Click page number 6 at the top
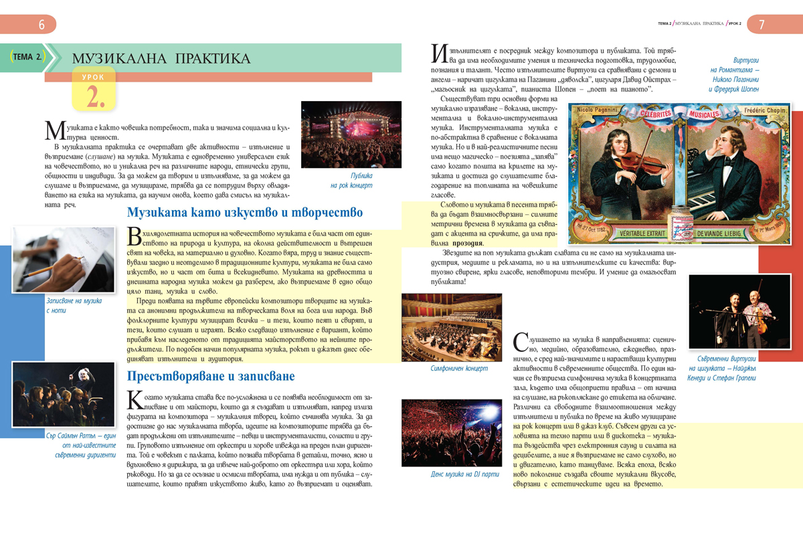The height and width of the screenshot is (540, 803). pyautogui.click(x=41, y=25)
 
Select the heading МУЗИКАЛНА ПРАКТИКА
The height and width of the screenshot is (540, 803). pyautogui.click(x=161, y=58)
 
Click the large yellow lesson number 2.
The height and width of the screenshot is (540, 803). pyautogui.click(x=94, y=96)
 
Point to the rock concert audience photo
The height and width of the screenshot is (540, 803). pyautogui.click(x=351, y=134)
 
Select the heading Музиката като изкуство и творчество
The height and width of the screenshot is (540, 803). pyautogui.click(x=245, y=213)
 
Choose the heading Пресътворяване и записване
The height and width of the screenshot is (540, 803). pyautogui.click(x=211, y=376)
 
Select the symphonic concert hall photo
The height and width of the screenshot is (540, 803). pyautogui.click(x=451, y=328)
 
